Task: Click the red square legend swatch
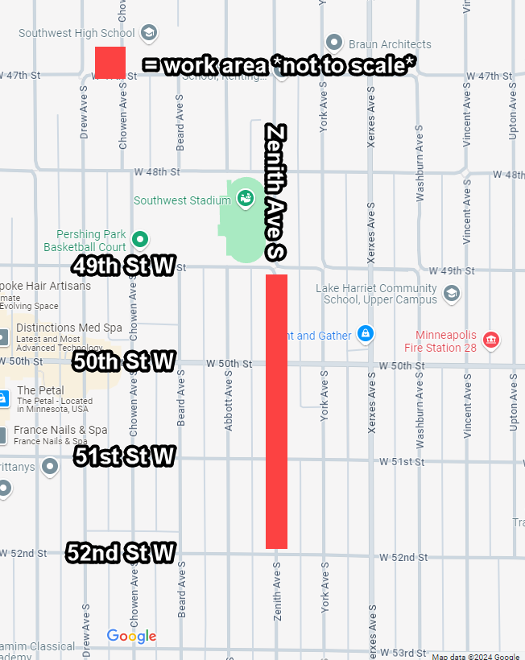[110, 62]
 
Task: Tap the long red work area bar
[277, 411]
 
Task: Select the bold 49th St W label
[123, 266]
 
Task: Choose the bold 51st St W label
[125, 457]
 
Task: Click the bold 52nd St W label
[121, 553]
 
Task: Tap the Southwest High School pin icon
[148, 33]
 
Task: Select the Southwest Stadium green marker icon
[246, 197]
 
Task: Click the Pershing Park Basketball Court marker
[140, 238]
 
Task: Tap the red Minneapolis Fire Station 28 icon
[490, 340]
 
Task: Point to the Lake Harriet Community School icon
[452, 293]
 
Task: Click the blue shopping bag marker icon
[366, 333]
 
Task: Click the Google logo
[131, 637]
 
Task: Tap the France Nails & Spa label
[60, 431]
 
